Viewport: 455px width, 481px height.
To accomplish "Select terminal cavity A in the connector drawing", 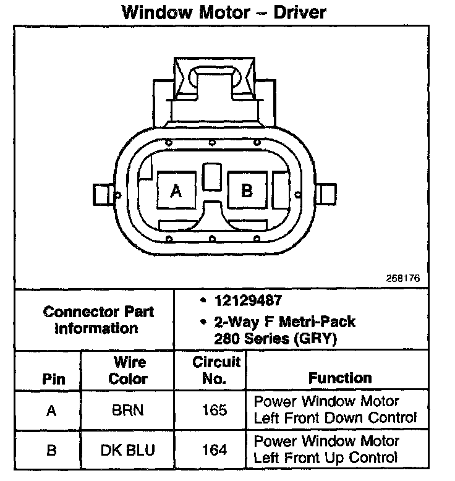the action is coord(176,191).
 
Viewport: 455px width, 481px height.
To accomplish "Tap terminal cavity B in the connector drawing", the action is coord(247,191).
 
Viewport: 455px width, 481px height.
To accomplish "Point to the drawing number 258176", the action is coord(404,279).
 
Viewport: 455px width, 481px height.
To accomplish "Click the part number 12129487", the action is coord(248,301).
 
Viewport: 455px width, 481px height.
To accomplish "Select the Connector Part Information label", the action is coord(98,320).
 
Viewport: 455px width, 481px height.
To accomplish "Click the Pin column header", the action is coord(53,379).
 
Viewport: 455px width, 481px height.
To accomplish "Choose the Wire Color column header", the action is coord(128,370).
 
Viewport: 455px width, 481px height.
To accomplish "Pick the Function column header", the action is coord(340,378).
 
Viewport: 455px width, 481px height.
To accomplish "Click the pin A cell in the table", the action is coord(52,411).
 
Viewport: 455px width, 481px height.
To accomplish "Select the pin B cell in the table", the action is coord(52,449).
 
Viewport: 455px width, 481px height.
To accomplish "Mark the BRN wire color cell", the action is coord(128,411).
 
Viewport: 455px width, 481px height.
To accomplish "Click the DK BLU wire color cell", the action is coord(128,449).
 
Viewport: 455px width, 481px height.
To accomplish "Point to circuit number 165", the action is coord(214,411).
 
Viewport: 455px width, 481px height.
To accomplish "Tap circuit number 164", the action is coord(214,449).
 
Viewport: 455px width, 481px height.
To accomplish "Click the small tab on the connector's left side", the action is coord(102,195).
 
